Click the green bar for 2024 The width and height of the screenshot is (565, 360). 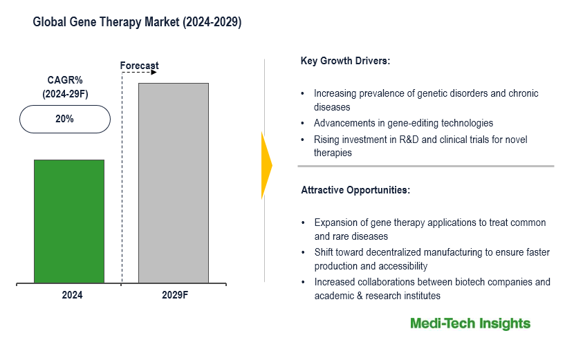click(x=69, y=221)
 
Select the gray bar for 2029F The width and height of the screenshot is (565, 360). click(x=173, y=183)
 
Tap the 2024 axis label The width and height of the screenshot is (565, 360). click(x=72, y=295)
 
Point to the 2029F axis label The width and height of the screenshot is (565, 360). click(x=175, y=295)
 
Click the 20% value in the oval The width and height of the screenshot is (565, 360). click(x=65, y=119)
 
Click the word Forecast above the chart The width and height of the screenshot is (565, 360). click(x=138, y=66)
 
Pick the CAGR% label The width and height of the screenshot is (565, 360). click(x=65, y=80)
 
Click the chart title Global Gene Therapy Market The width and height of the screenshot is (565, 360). click(x=137, y=22)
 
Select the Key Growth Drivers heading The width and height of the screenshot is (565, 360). click(x=345, y=61)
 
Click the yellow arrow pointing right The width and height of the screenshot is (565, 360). click(x=266, y=165)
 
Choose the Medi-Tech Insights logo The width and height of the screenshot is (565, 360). click(x=470, y=323)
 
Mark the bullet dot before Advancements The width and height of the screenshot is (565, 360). click(x=303, y=123)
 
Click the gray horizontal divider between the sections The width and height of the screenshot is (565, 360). click(x=426, y=166)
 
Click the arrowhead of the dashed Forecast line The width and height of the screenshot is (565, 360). click(x=156, y=71)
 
